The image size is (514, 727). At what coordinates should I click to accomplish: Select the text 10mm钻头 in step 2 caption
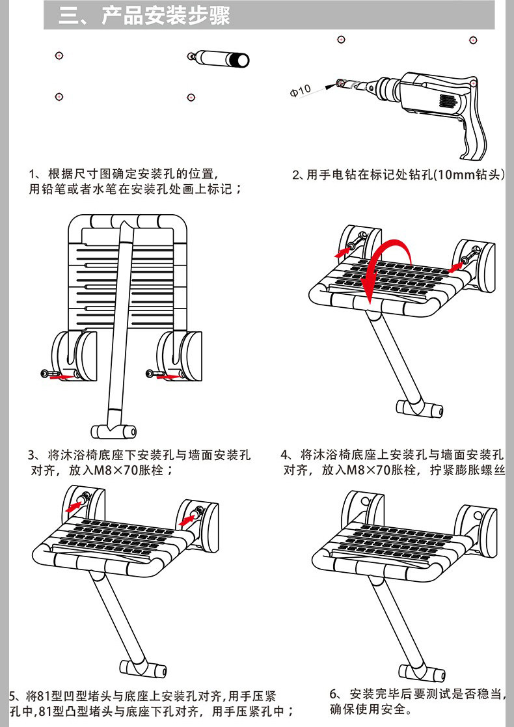(470, 175)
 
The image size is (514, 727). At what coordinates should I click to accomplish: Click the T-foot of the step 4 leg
(420, 409)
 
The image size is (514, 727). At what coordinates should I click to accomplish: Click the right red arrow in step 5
(187, 519)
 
